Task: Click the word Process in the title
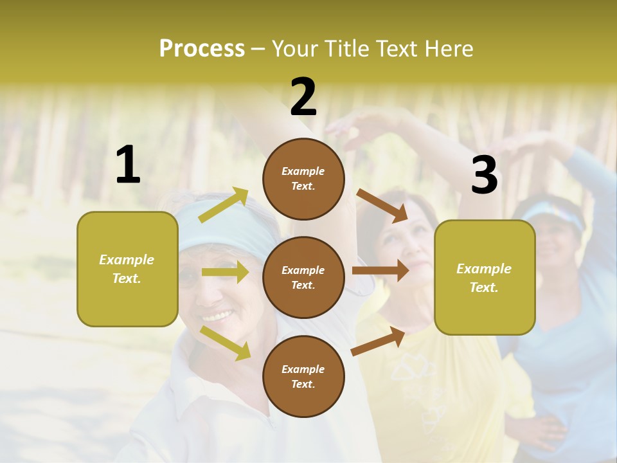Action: click(x=202, y=48)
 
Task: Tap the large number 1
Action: click(x=128, y=165)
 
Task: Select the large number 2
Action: click(x=303, y=97)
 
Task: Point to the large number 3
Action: click(x=484, y=176)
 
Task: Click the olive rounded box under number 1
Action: click(x=127, y=269)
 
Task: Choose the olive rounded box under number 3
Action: click(x=485, y=277)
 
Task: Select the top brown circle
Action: click(x=303, y=178)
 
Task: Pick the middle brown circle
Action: click(x=303, y=277)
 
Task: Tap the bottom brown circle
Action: click(x=303, y=376)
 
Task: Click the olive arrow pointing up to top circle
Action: click(x=224, y=205)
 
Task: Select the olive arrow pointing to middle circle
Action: click(x=225, y=272)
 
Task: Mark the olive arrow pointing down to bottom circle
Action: click(x=226, y=342)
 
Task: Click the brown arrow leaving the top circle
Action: click(x=382, y=205)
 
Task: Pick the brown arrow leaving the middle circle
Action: click(x=380, y=271)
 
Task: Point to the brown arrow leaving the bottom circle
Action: click(x=379, y=341)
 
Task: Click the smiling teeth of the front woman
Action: click(x=218, y=316)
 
